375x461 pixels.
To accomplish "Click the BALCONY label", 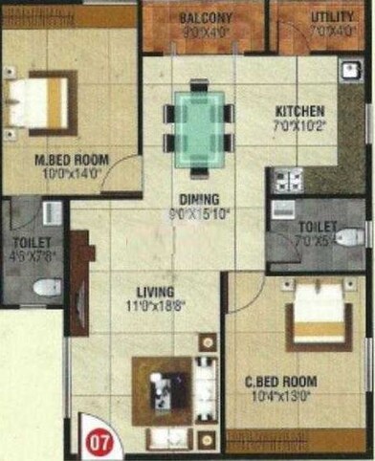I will pyautogui.click(x=205, y=17).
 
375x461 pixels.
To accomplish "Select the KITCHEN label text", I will pyautogui.click(x=299, y=111).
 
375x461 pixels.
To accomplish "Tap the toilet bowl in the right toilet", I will pyautogui.click(x=348, y=237).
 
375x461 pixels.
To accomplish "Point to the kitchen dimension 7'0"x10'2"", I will pyautogui.click(x=300, y=125).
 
